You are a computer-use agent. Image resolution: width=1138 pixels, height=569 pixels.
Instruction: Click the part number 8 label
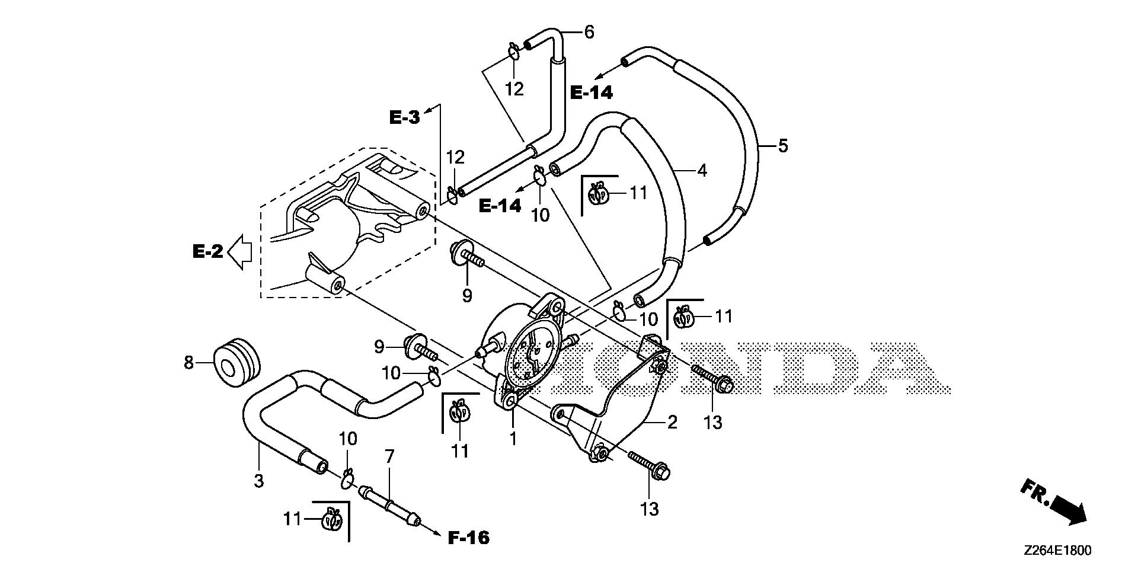188,362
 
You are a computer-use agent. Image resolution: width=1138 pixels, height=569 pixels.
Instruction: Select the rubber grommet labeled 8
236,362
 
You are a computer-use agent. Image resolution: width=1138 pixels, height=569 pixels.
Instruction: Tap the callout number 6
589,32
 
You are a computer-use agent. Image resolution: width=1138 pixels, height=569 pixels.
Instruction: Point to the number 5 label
783,145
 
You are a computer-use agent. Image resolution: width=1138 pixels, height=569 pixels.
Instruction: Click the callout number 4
702,171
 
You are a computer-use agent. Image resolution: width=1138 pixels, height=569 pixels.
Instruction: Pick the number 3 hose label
258,481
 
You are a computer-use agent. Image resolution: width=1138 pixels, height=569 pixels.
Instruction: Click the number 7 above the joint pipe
389,457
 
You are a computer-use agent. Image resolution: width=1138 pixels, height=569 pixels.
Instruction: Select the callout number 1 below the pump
513,439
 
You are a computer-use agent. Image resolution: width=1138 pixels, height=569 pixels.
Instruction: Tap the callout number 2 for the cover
672,423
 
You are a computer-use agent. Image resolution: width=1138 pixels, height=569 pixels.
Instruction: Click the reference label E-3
404,117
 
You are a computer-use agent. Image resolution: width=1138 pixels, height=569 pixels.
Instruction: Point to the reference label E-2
207,252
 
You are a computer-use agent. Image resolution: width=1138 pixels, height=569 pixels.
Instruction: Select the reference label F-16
468,538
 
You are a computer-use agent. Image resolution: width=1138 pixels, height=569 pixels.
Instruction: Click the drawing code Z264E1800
1056,551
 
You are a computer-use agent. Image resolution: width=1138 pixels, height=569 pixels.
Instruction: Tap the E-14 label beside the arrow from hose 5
591,92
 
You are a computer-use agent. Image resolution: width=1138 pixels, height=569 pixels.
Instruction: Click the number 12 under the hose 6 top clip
514,89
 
